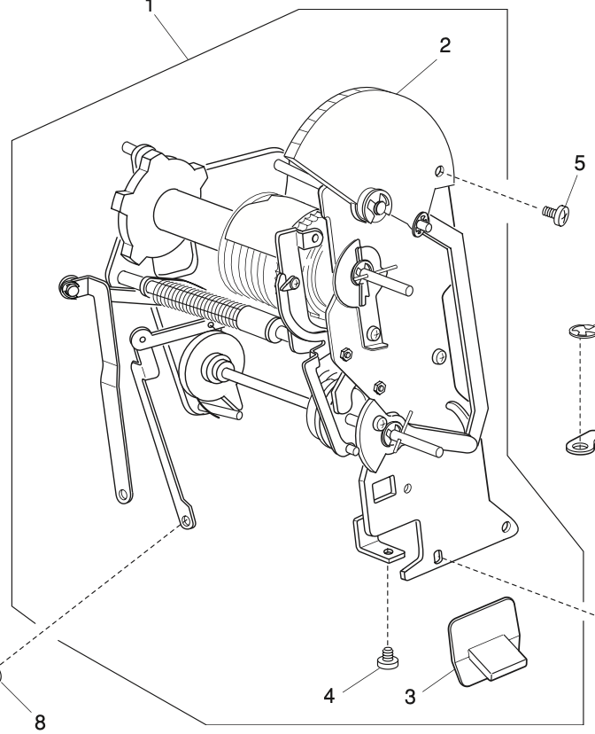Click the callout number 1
coord(150,6)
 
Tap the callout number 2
coord(445,45)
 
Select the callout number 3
coord(410,697)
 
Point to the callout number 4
coord(329,696)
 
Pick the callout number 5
coord(579,163)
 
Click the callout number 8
coord(40,722)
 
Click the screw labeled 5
coord(557,215)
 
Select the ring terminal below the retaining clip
coord(581,443)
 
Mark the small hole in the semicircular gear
coord(440,172)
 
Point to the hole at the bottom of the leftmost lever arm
coord(123,494)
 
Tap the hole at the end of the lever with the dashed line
coord(187,520)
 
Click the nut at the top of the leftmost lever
coord(68,286)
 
